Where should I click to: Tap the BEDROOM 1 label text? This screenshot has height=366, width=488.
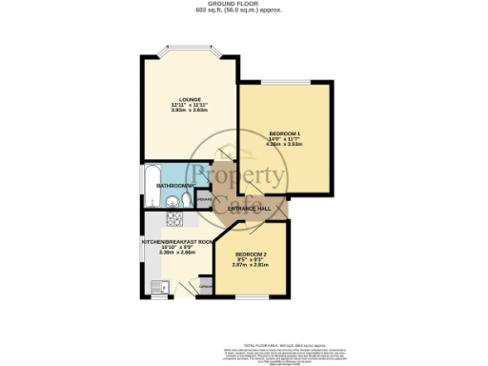[x=284, y=132]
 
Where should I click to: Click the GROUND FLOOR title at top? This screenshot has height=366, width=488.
[x=243, y=4]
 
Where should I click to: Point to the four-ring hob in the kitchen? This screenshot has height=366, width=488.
[x=174, y=220]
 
